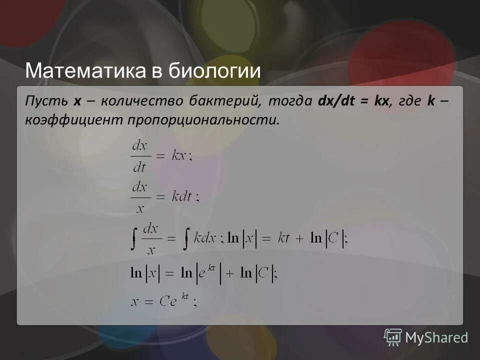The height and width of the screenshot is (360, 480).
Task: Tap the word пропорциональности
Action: coord(202,120)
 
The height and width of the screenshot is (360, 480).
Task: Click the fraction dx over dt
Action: coord(139,155)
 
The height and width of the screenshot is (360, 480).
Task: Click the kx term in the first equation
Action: coord(178,155)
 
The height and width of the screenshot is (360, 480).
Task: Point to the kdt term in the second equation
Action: coord(182,196)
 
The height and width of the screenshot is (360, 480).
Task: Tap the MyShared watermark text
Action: coord(436,338)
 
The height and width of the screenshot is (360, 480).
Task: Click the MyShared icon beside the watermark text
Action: coord(393,338)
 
